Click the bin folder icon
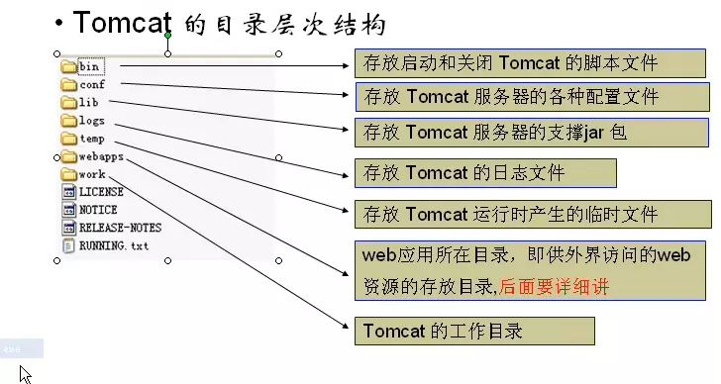tap(68, 67)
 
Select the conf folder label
tap(92, 85)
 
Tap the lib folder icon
tap(68, 103)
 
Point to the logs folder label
tap(92, 121)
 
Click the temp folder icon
tap(68, 139)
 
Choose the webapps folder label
tap(101, 156)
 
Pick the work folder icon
tap(68, 174)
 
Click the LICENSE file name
tap(101, 192)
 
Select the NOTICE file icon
tap(68, 210)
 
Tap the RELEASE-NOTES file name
tap(120, 228)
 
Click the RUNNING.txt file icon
tap(68, 245)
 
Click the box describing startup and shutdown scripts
tap(532, 64)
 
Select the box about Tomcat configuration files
tap(532, 97)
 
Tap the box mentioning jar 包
tap(532, 131)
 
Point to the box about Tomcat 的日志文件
tap(485, 172)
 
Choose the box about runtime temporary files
tap(532, 213)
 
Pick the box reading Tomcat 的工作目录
tap(474, 331)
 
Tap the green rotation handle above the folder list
tap(167, 36)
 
